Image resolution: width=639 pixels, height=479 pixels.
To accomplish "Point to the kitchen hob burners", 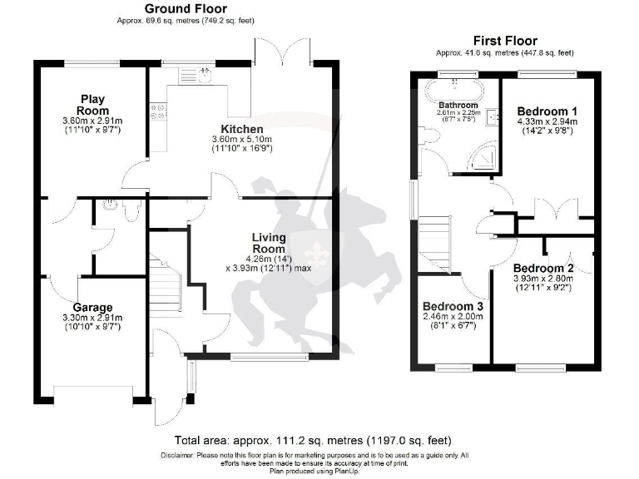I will point(156,111).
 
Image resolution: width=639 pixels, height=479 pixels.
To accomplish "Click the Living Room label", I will point(269,243).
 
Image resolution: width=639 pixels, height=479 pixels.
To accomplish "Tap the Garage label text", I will point(92,307).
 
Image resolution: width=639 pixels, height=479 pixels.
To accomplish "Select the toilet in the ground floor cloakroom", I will point(126,210).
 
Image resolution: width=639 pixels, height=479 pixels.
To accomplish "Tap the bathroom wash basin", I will point(491,116).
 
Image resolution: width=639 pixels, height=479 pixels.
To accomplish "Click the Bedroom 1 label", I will point(547,111).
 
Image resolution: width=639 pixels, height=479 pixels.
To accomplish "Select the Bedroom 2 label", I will point(543,268).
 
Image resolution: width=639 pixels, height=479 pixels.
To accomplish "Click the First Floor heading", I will point(505,41).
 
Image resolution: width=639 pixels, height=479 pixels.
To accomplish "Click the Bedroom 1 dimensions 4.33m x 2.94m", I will point(547,121).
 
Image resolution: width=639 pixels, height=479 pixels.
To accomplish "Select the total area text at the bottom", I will point(324,441).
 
